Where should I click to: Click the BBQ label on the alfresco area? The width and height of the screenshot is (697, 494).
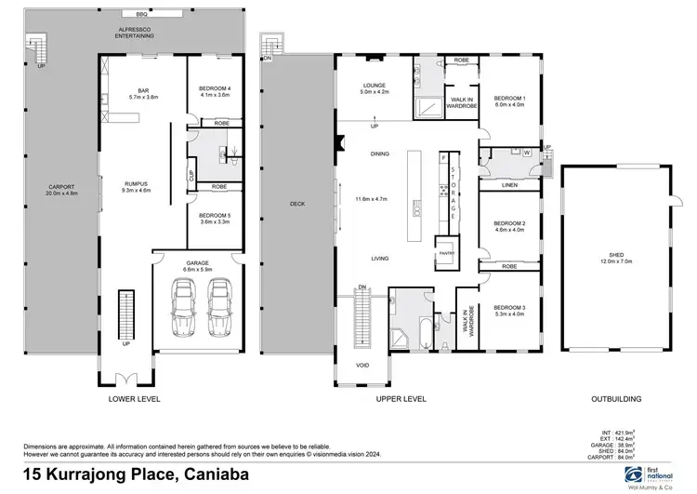(x=141, y=16)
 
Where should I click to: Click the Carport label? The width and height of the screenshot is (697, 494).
(x=60, y=187)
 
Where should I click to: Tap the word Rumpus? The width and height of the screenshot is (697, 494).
(x=137, y=183)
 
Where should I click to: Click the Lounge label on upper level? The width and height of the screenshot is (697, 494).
(x=374, y=86)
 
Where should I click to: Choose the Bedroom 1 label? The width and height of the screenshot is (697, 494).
(x=509, y=98)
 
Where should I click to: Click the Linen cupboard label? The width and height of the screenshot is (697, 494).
(x=508, y=185)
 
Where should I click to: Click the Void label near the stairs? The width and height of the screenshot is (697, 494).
(x=362, y=365)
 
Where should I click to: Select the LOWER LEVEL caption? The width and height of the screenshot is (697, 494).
(x=136, y=398)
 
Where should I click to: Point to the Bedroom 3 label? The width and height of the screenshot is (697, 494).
(x=509, y=307)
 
